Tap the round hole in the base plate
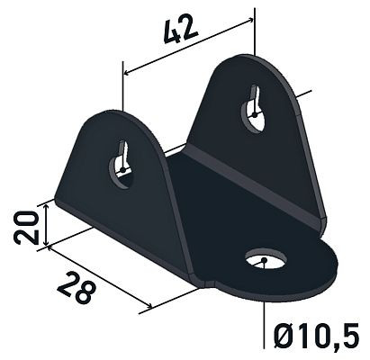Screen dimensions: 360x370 [x=266, y=262]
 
